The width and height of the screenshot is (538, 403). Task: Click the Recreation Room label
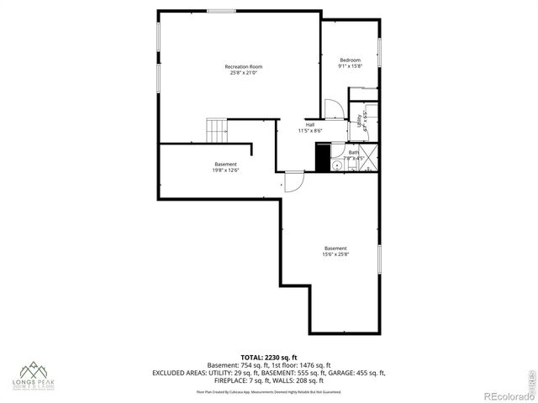[243, 66]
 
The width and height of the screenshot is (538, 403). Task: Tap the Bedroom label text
[350, 60]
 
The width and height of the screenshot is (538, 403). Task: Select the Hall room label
[310, 125]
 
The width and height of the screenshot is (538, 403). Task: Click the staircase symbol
[218, 130]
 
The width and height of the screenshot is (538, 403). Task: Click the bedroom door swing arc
[333, 108]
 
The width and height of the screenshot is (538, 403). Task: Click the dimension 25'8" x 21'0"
[243, 73]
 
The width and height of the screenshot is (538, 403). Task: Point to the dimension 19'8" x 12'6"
[225, 170]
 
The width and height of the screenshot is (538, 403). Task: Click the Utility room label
[359, 120]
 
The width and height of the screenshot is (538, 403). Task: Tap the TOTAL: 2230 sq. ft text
[268, 357]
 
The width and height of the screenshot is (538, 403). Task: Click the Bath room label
[354, 152]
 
